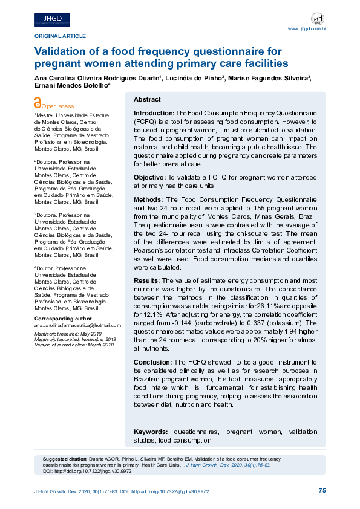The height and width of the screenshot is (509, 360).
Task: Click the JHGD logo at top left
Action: [x=52, y=20]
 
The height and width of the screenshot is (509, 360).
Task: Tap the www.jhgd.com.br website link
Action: [x=307, y=28]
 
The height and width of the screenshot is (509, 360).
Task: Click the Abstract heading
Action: [x=147, y=99]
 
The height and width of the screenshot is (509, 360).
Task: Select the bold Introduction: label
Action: [x=154, y=113]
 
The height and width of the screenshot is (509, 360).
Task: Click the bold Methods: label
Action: [x=148, y=199]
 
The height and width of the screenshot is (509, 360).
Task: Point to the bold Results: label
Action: [x=146, y=280]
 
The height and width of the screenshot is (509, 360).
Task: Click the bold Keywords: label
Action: [x=151, y=432]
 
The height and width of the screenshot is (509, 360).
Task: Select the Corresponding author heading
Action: [x=63, y=318]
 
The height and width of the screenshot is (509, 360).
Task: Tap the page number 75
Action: [x=322, y=491]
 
